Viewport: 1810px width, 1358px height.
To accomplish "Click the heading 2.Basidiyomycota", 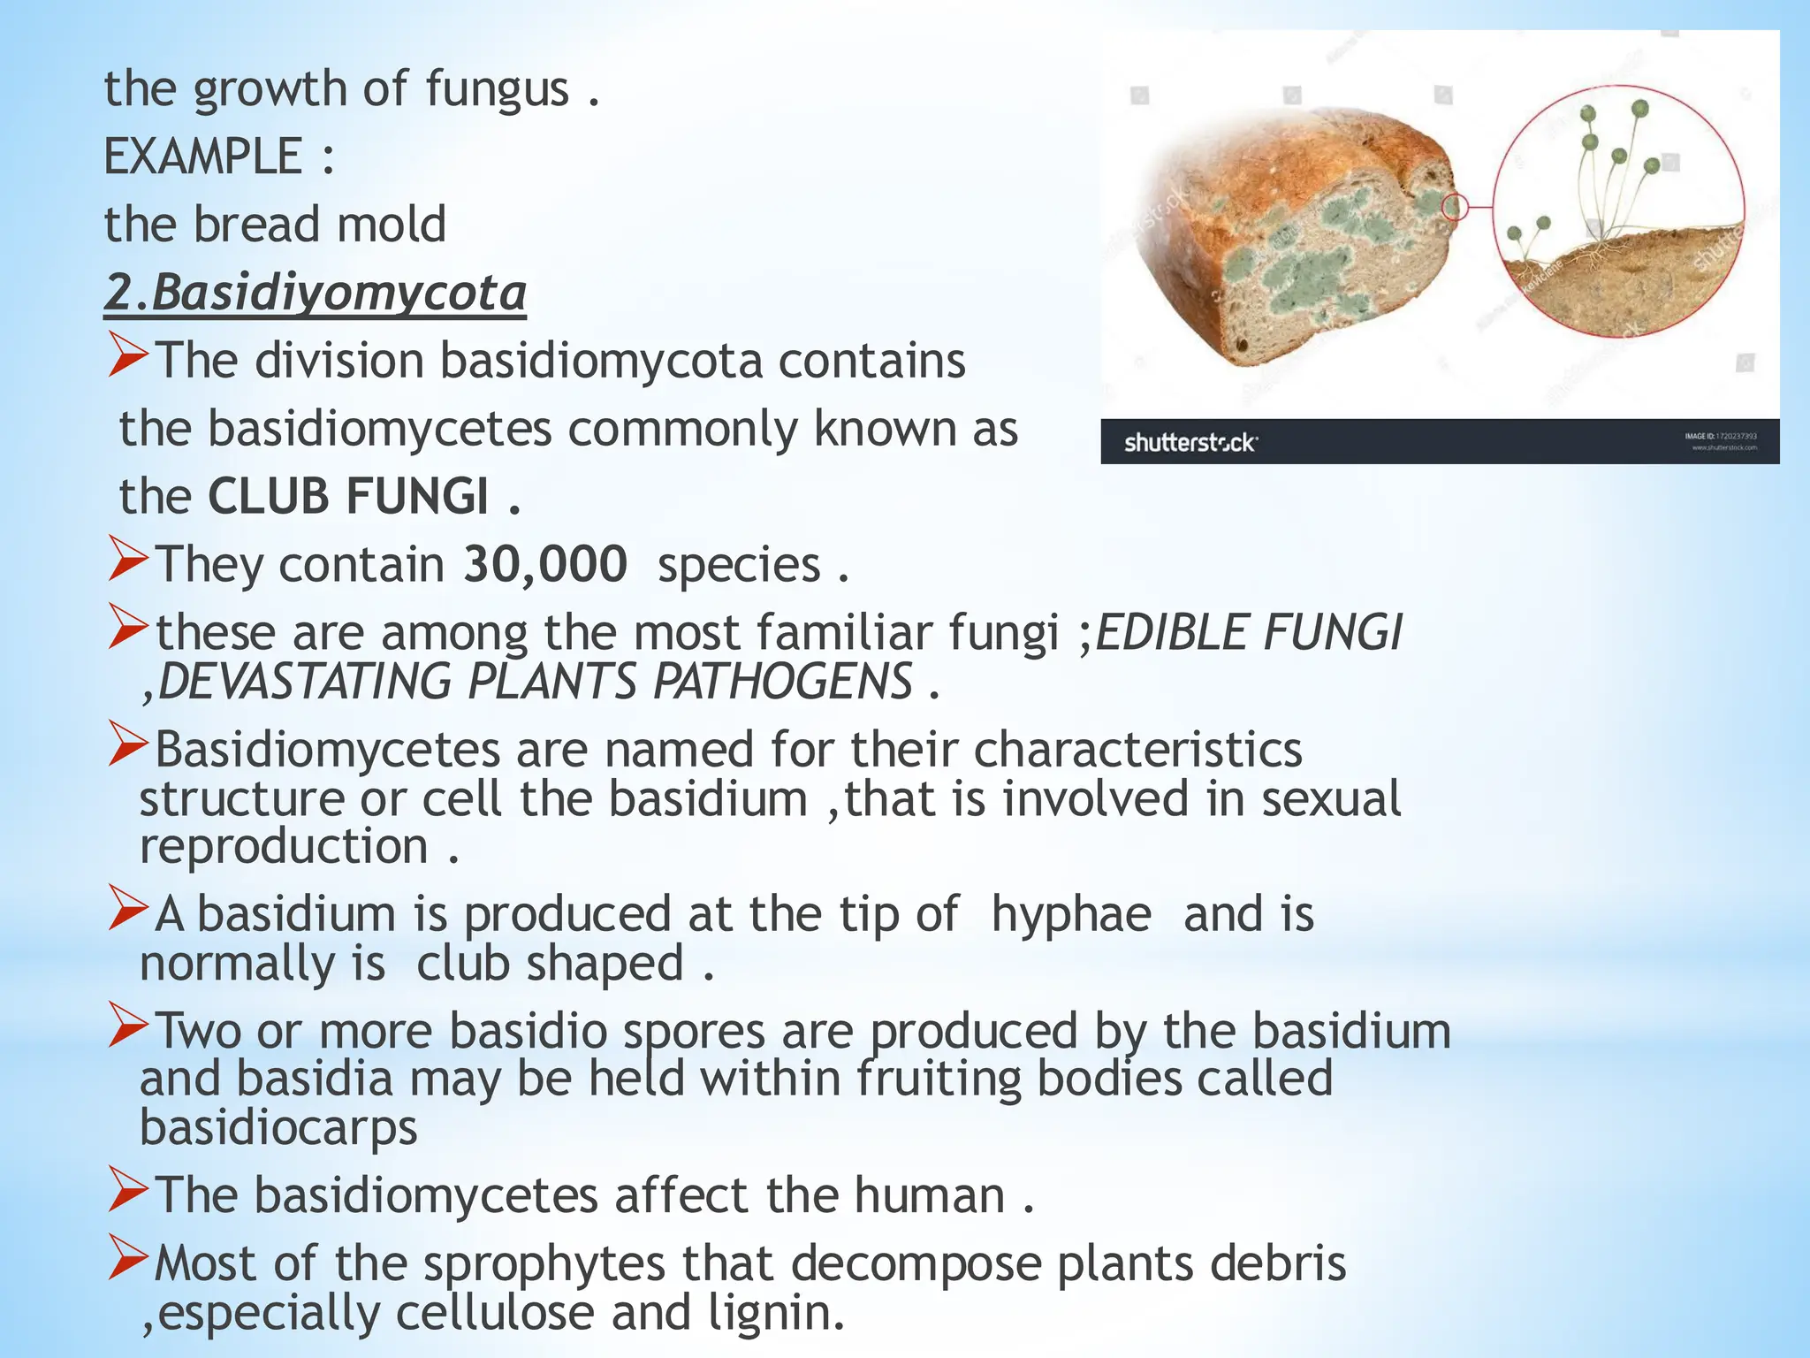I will (x=315, y=293).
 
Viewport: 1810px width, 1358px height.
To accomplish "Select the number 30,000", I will (x=545, y=564).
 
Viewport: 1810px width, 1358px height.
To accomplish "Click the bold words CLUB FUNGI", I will (x=348, y=496).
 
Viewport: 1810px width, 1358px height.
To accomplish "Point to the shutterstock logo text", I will (x=1190, y=442).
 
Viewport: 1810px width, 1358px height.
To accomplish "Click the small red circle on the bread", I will (x=1454, y=208).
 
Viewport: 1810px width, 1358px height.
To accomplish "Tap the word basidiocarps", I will (x=278, y=1127).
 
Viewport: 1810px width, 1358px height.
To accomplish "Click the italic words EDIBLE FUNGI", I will (x=1248, y=633).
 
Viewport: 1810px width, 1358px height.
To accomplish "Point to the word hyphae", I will (x=1071, y=914).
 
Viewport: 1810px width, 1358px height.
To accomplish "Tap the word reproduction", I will (x=284, y=847).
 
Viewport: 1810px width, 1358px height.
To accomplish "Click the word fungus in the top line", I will (x=498, y=88).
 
